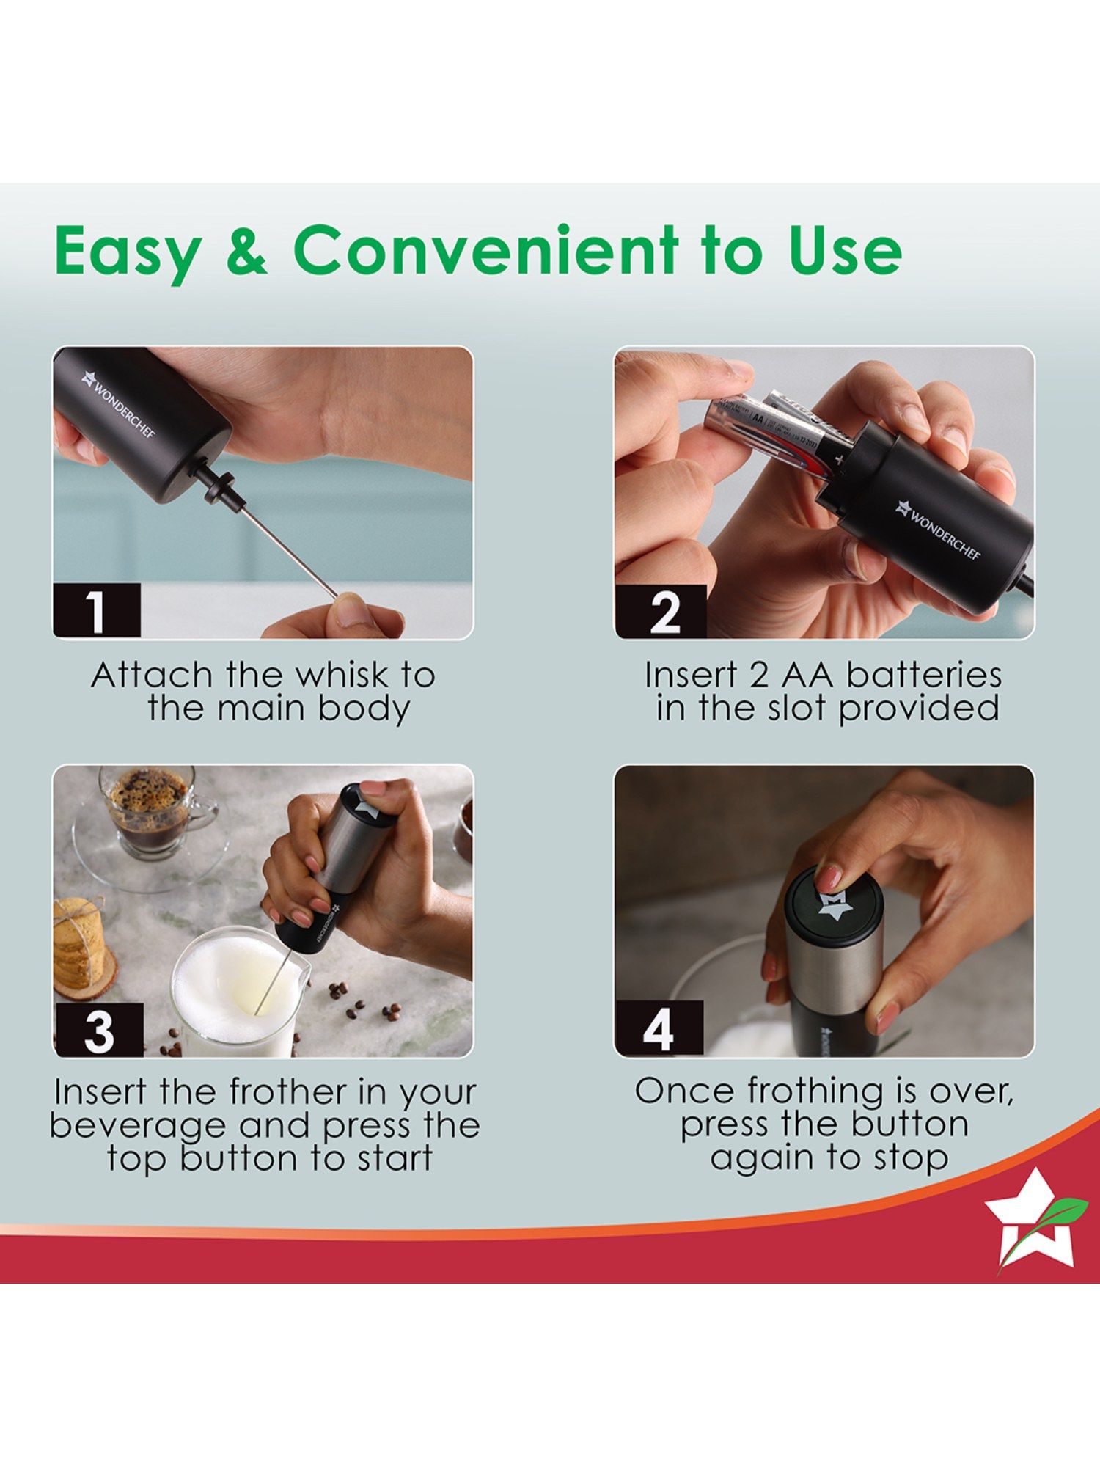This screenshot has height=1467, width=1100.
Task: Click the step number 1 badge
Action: [96, 610]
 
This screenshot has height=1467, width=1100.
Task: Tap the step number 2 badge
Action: [661, 611]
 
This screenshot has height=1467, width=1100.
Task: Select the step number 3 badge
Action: [98, 1030]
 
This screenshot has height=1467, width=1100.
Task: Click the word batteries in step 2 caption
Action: [924, 675]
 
